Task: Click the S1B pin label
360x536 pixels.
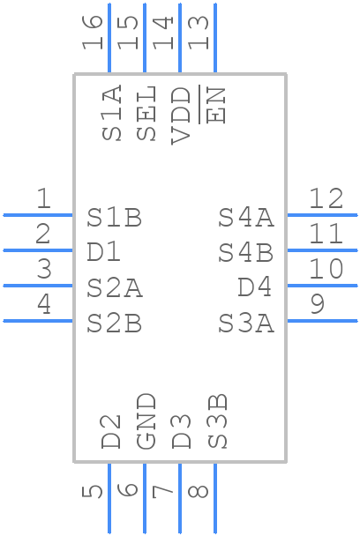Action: pyautogui.click(x=115, y=218)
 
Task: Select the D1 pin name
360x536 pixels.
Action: pyautogui.click(x=104, y=252)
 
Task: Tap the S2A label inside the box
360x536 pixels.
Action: pyautogui.click(x=115, y=287)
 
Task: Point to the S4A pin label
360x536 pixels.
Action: pyautogui.click(x=246, y=218)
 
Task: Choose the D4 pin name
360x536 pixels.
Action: pyautogui.click(x=255, y=287)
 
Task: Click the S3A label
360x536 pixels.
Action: pyautogui.click(x=246, y=323)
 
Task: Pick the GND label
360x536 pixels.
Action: pyautogui.click(x=146, y=421)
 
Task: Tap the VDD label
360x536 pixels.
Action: pyautogui.click(x=181, y=115)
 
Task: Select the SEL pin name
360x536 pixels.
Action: pyautogui.click(x=146, y=113)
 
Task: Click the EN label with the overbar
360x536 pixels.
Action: pyautogui.click(x=215, y=105)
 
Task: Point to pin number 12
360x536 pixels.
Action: pyautogui.click(x=326, y=198)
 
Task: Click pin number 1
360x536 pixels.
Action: pyautogui.click(x=44, y=198)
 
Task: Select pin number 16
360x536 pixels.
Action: pyautogui.click(x=92, y=33)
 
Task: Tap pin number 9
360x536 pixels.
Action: pyautogui.click(x=318, y=304)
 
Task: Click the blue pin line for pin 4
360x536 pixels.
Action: pyautogui.click(x=38, y=321)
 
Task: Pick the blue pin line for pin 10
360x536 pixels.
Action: pyautogui.click(x=322, y=286)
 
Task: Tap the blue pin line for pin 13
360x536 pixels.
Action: pyautogui.click(x=215, y=38)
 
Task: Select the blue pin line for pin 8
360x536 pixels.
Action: pyautogui.click(x=215, y=498)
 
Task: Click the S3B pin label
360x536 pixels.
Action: pyautogui.click(x=217, y=421)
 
